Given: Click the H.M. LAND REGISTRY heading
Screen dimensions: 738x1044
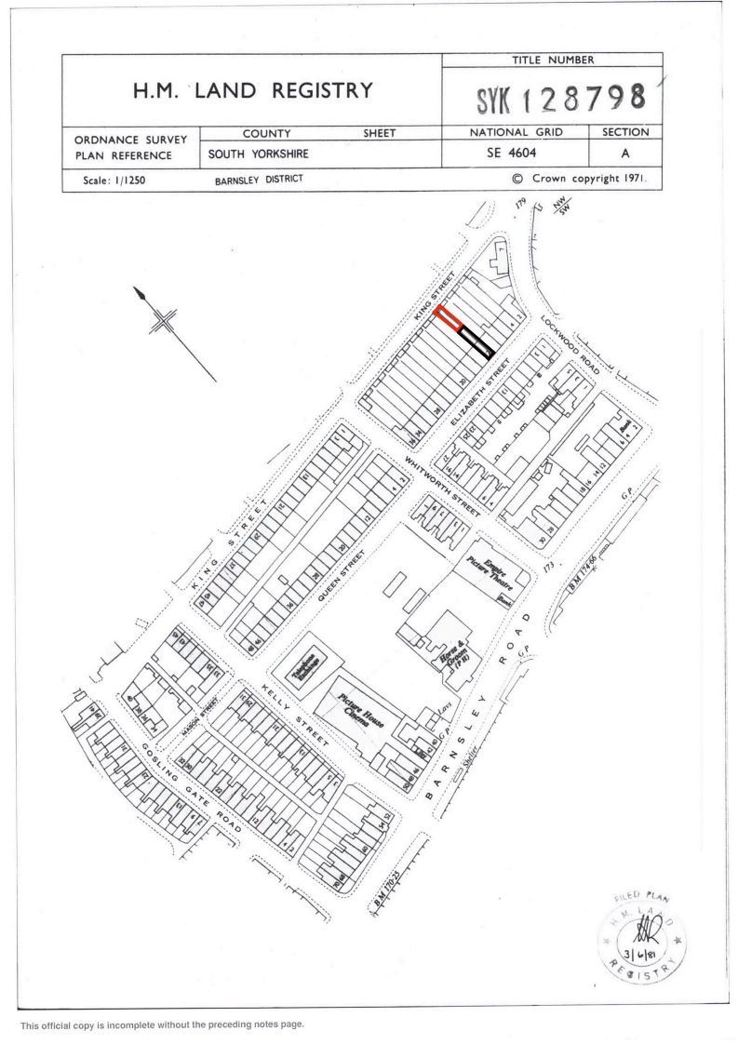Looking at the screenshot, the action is [x=251, y=90].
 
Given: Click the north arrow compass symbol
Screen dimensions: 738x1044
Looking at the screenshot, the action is [x=164, y=320].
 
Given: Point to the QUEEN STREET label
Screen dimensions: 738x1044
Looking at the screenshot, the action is [x=341, y=576].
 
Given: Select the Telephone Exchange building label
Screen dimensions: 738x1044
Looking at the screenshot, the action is [x=306, y=670].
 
